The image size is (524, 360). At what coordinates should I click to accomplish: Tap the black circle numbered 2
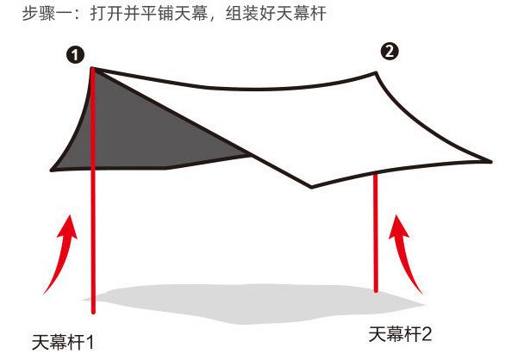point(390,52)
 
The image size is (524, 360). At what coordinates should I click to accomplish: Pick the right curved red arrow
point(408,254)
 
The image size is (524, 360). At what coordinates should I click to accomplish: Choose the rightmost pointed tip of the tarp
point(490,161)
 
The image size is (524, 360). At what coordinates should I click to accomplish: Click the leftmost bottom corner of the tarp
point(53,170)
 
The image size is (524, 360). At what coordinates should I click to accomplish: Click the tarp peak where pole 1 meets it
point(93,68)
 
